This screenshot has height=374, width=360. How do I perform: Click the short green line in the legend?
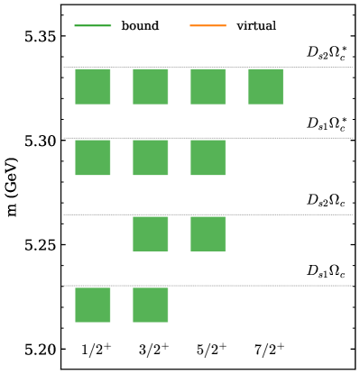point(93,25)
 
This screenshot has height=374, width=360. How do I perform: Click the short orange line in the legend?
point(208,25)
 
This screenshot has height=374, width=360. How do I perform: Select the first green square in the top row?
point(93,87)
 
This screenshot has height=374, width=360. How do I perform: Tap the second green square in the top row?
point(151,87)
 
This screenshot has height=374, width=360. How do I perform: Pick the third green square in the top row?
point(208,87)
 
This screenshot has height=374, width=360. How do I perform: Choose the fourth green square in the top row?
point(265,87)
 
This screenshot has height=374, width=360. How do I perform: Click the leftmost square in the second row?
point(93,158)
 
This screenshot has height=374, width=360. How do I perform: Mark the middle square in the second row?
point(151,158)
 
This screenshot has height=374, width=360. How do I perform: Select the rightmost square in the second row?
point(208,158)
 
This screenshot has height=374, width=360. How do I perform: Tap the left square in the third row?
point(151,233)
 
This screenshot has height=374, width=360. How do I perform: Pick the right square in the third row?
point(208,233)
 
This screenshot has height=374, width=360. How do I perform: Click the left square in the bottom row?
point(93,305)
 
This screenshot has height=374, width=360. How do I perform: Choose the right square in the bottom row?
point(151,305)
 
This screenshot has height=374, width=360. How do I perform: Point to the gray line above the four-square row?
point(208,67)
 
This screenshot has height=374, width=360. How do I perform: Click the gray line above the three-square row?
point(208,138)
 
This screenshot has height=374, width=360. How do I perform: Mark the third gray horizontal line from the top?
point(208,214)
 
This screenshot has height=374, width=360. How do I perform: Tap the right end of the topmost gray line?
point(351,67)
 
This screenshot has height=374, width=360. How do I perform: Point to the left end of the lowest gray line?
point(64,286)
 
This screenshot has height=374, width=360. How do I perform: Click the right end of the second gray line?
point(351,138)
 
